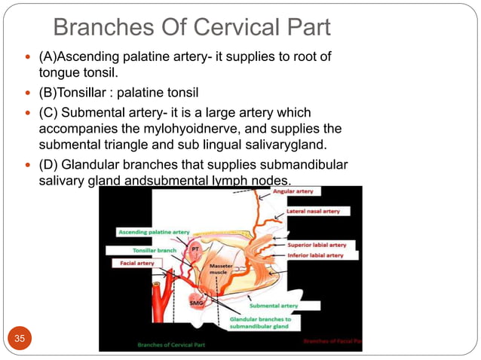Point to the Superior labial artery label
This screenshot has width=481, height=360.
[317, 246]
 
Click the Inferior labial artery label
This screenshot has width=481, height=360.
[315, 255]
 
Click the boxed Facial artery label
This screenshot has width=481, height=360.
[134, 264]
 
